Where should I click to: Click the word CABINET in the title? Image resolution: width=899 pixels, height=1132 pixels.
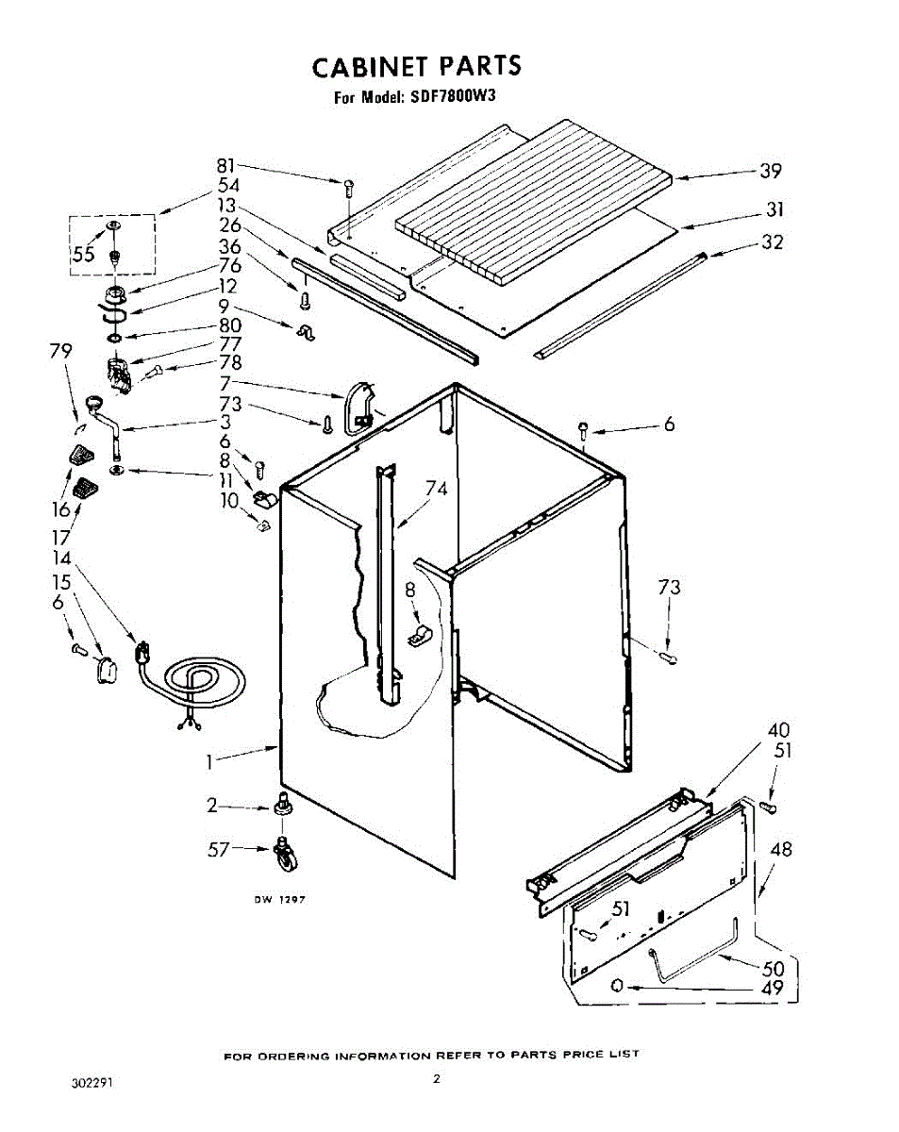coord(369,66)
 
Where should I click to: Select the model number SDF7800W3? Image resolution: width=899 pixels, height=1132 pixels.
coord(449,96)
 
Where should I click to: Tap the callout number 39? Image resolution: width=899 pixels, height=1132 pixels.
coord(771,171)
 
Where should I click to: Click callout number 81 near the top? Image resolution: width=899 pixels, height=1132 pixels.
coord(225,166)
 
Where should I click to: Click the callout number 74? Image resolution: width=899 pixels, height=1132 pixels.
coord(436,489)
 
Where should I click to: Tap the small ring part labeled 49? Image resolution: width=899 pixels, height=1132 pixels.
coord(618,985)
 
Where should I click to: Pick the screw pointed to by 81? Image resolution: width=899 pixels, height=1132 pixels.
coord(349,188)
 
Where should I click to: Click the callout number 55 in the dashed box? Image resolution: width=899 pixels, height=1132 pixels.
coord(84,255)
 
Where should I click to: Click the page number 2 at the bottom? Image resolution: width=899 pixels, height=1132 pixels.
coord(436,1079)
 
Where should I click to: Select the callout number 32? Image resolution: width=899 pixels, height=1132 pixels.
coord(773,242)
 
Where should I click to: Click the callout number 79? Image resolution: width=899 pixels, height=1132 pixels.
coord(60,351)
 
